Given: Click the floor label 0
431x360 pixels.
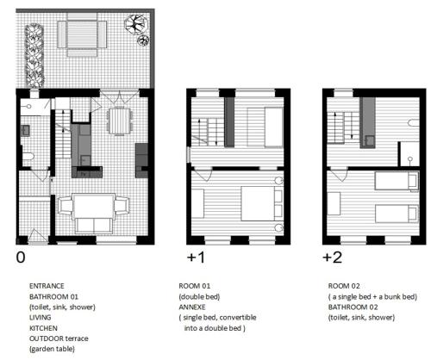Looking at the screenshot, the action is [x=21, y=258].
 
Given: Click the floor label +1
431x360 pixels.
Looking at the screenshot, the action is [x=196, y=258].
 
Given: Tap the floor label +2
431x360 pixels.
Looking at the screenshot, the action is [x=333, y=258].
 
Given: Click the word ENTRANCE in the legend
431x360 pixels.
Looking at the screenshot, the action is [x=47, y=286].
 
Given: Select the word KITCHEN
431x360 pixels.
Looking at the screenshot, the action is [x=43, y=328].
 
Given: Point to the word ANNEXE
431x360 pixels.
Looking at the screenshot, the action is [x=192, y=307].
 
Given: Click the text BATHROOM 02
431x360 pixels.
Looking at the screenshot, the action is [x=353, y=307].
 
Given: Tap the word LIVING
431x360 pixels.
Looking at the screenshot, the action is [x=41, y=318].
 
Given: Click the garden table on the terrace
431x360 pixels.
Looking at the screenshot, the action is [x=82, y=34].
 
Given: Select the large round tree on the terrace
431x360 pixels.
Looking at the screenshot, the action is [x=135, y=23].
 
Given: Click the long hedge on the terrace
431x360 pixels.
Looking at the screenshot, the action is [x=34, y=56].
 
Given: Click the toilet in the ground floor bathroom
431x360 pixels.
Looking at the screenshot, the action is [x=28, y=157].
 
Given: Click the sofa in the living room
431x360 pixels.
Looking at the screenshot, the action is [x=94, y=226].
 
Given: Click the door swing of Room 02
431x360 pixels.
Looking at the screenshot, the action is [x=340, y=176].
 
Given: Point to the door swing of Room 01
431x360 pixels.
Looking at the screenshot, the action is [x=203, y=176].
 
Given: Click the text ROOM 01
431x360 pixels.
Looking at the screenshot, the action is [x=195, y=286].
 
